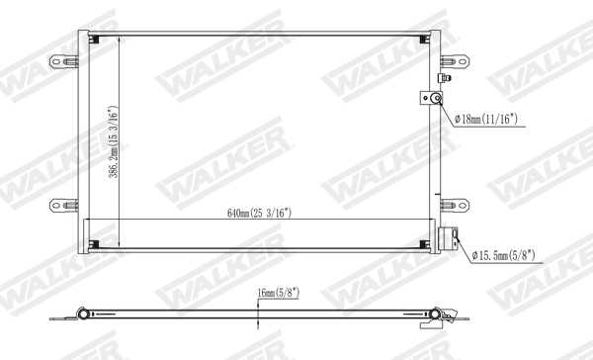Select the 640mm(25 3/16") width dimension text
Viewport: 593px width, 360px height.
pyautogui.click(x=260, y=213)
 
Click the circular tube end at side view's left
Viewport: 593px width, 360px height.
pyautogui.click(x=86, y=315)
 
